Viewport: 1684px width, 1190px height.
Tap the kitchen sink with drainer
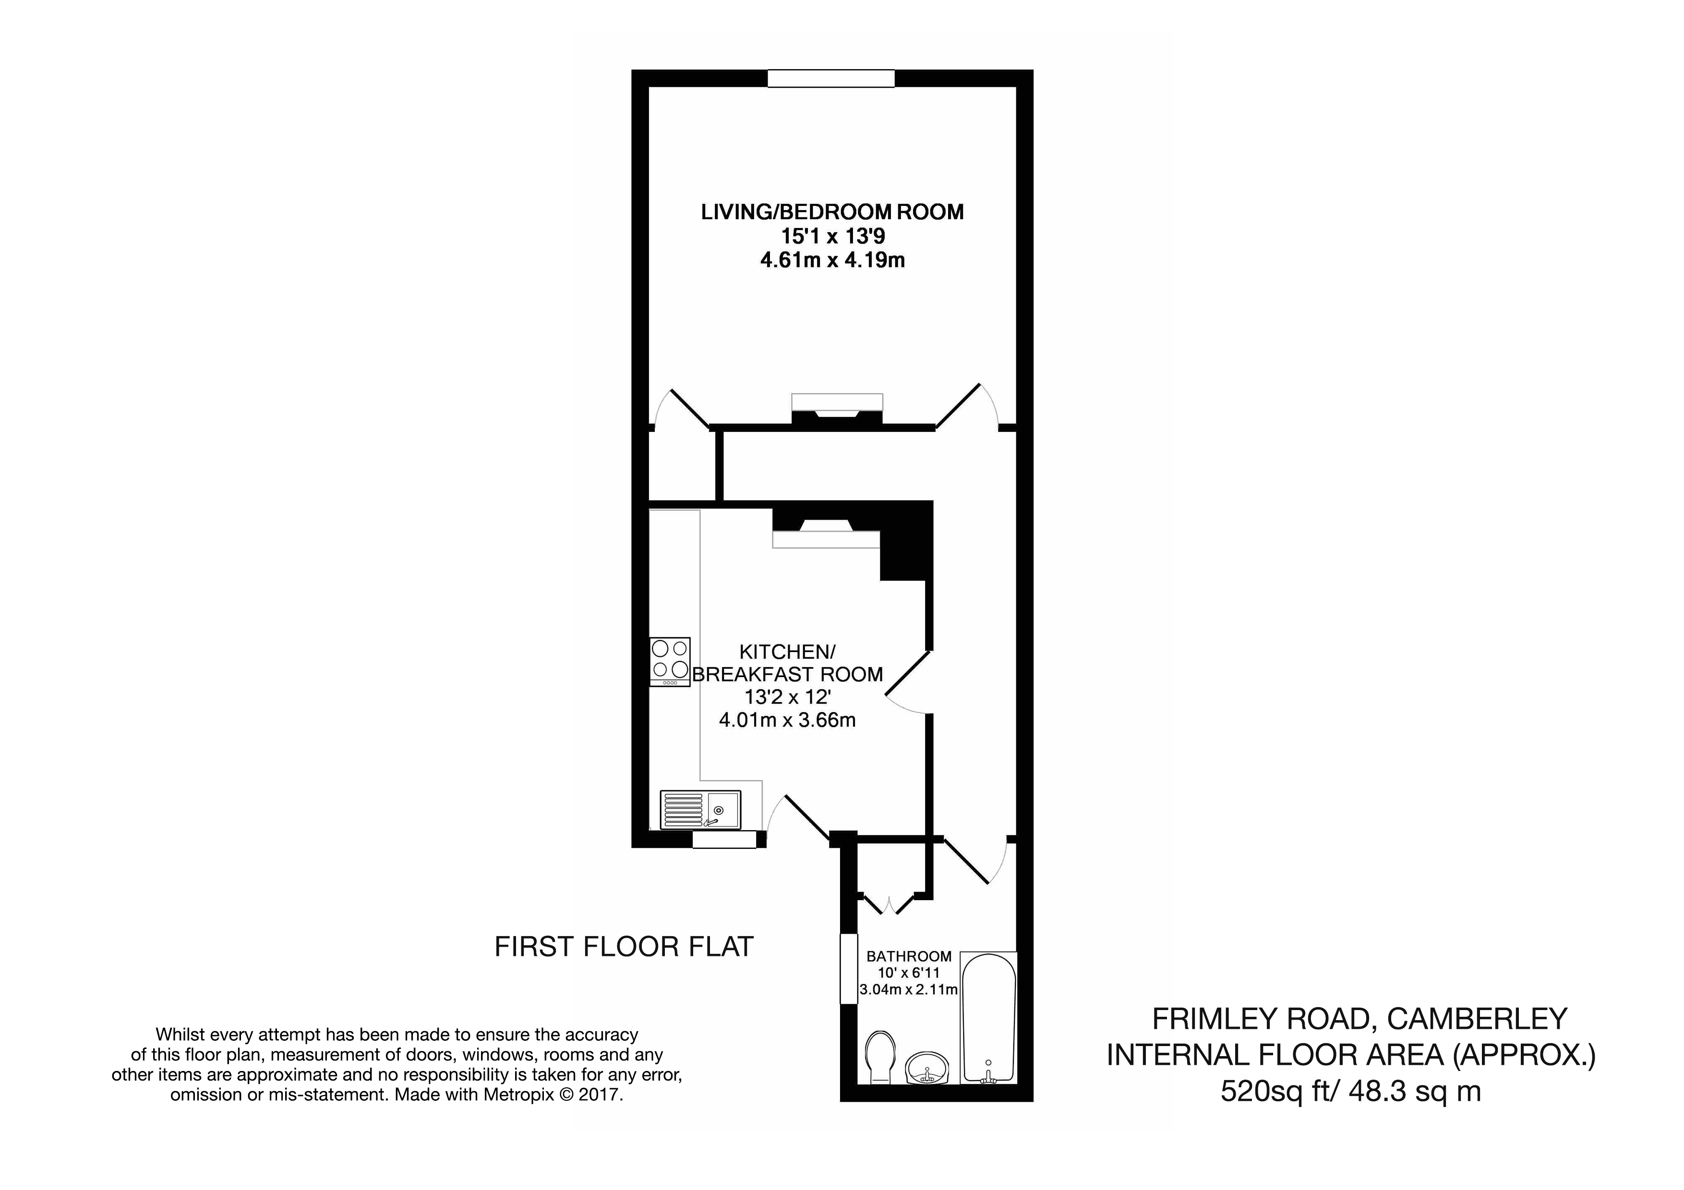click(x=700, y=809)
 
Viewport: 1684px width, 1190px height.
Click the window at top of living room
click(x=831, y=78)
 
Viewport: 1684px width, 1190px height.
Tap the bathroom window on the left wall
click(x=849, y=968)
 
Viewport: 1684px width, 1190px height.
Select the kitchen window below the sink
click(x=724, y=840)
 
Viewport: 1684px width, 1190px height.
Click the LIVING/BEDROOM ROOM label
click(x=832, y=212)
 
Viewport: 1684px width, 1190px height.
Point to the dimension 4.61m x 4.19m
click(x=832, y=260)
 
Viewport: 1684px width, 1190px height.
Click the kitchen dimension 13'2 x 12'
click(x=787, y=697)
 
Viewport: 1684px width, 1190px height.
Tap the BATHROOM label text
click(x=909, y=956)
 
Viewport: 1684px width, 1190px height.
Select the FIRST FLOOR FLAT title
click(x=624, y=947)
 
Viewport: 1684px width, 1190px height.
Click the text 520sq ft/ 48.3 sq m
click(x=1350, y=1091)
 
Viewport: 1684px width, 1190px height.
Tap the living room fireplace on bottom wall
click(x=837, y=411)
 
